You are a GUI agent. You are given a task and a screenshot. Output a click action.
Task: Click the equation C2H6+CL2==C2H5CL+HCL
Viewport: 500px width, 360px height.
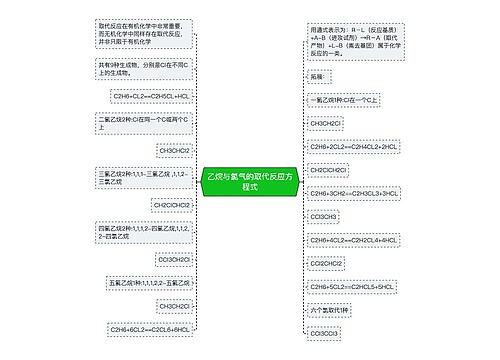tap(151, 96)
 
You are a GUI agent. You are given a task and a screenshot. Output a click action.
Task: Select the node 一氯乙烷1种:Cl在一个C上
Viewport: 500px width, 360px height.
tap(345, 102)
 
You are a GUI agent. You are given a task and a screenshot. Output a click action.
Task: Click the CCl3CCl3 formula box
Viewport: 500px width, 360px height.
tap(324, 333)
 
